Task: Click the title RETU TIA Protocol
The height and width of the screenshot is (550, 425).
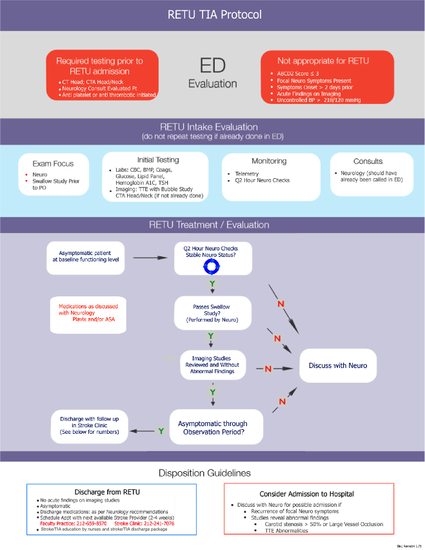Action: click(212, 15)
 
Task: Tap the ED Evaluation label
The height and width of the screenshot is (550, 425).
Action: click(212, 74)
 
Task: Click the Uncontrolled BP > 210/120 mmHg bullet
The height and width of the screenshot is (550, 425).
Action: click(319, 100)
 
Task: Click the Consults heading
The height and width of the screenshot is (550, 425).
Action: click(368, 161)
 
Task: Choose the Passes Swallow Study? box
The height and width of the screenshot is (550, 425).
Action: click(212, 312)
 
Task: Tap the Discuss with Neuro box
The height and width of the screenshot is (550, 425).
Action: click(338, 365)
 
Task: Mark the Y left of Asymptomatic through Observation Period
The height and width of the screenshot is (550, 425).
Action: click(161, 430)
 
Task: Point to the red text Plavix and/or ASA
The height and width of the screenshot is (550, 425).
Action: click(92, 318)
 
